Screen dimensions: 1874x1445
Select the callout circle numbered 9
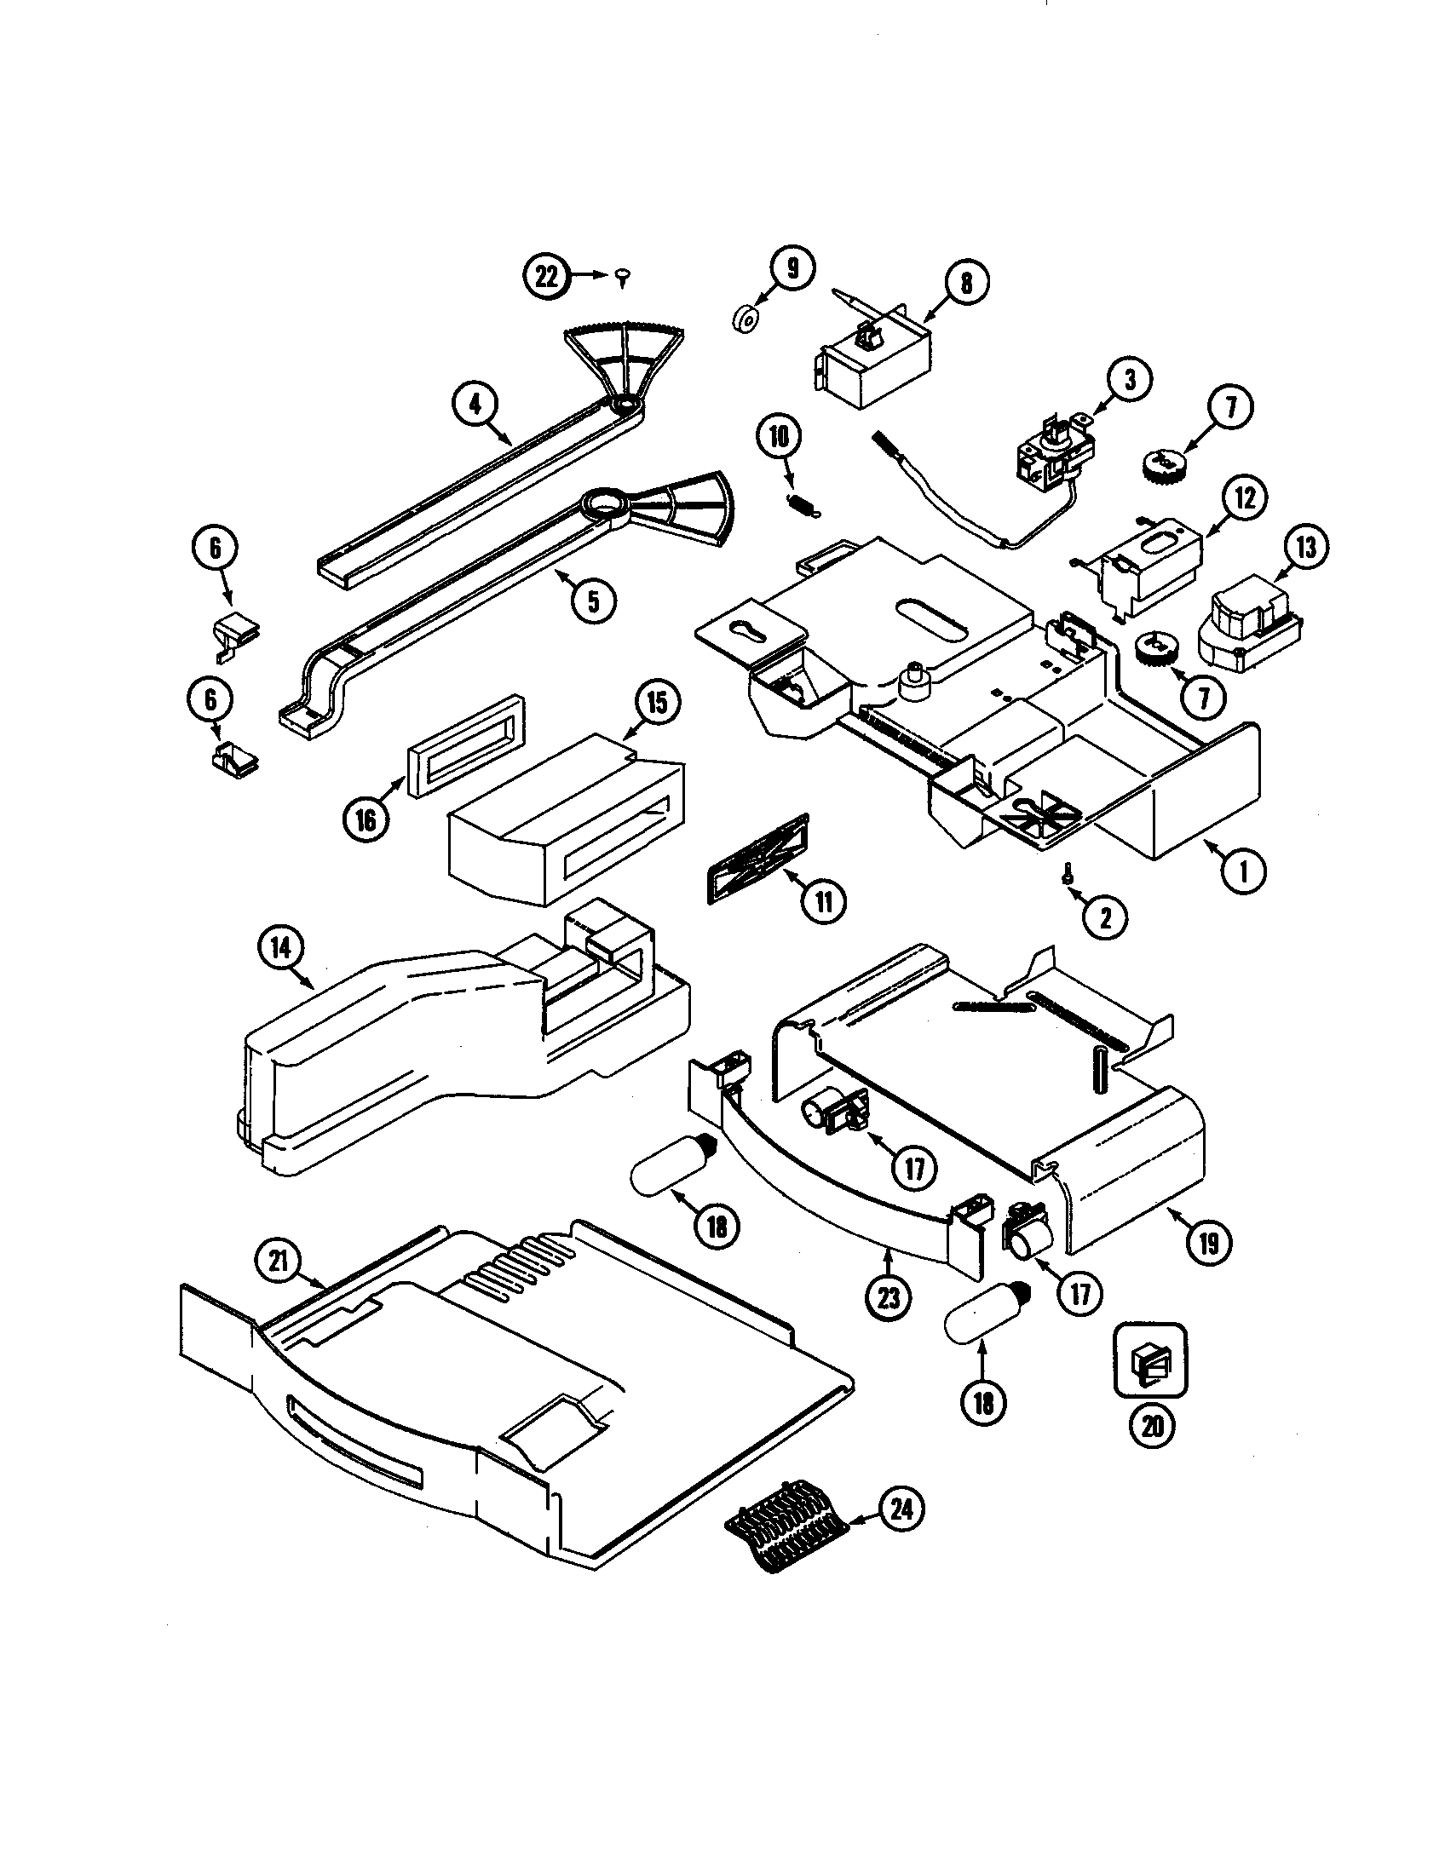792,268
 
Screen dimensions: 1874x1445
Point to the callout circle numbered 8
966,282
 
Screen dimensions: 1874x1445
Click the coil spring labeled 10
803,504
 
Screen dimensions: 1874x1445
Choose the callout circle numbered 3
1128,379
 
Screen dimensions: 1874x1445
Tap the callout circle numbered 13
1305,547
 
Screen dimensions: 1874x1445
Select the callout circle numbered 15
656,702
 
